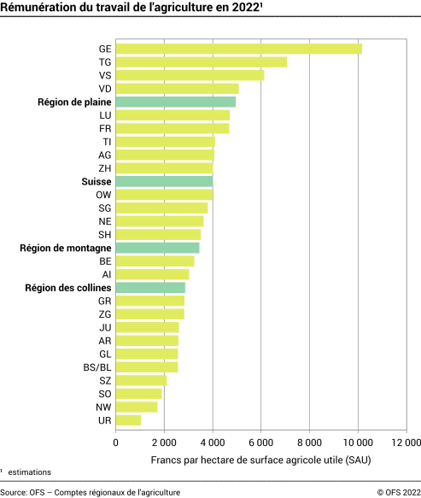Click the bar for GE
coord(238,49)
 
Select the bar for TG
coord(201,62)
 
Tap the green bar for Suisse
coord(164,181)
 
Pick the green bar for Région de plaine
coord(175,102)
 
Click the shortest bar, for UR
coord(128,419)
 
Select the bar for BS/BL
coord(146,366)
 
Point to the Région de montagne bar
coord(157,248)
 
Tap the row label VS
coord(104,75)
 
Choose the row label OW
coord(103,195)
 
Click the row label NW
coord(103,407)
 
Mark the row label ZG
coord(104,313)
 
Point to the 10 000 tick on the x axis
coord(358,442)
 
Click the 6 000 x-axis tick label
coord(261,442)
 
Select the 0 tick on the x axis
coord(115,442)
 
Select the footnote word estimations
coord(29,472)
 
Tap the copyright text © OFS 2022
coord(396,492)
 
